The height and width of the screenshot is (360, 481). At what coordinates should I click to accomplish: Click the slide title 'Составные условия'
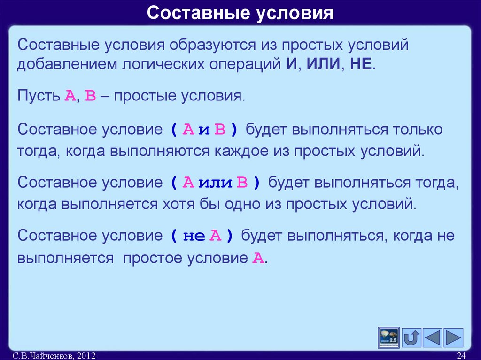240,13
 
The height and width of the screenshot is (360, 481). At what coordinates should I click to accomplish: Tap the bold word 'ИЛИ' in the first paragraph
324,64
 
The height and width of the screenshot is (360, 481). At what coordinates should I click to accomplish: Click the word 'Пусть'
38,97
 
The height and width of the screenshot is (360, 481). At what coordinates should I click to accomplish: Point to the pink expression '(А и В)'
204,130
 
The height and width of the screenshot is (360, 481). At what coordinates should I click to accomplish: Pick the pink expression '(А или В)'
215,183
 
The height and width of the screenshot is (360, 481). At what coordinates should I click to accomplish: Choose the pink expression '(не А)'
202,236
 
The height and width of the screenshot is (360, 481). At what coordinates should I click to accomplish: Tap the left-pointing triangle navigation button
433,337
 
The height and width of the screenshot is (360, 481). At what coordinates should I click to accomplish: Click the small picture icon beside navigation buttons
388,337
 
